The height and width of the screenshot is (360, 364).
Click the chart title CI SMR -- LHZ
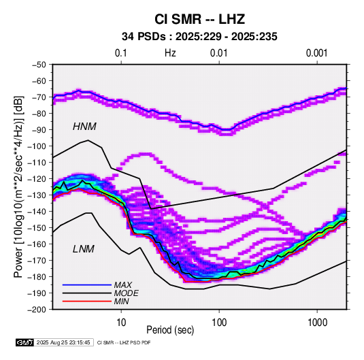199,19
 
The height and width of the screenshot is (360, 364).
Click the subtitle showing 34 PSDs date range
199,37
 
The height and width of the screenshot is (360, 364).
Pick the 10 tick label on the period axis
121,323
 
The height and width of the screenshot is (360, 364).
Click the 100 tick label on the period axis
219,323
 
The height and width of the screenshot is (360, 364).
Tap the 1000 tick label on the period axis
317,323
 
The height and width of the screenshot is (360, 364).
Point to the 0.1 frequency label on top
121,53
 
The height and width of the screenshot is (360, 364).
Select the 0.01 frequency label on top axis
218,53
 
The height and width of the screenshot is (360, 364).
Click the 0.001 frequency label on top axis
316,53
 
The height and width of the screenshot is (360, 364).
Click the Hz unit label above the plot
170,53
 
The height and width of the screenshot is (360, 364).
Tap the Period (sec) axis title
170,330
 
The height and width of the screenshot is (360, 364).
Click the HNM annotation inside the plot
84,127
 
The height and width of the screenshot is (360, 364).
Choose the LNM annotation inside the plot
84,249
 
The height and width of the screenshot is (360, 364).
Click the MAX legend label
123,285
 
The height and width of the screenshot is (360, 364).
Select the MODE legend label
127,293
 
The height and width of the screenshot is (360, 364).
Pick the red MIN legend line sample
87,301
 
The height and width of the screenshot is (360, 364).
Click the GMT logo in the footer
24,342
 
